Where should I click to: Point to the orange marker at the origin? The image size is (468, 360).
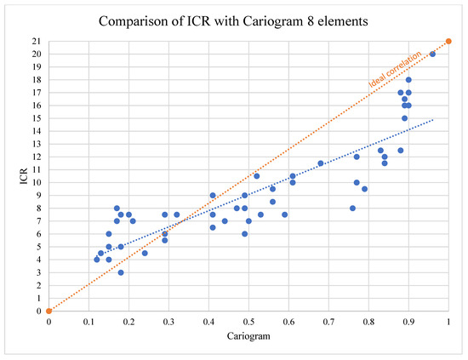click(x=49, y=311)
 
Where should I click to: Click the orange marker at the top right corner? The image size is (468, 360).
click(x=448, y=41)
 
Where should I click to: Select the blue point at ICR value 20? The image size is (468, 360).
click(x=432, y=54)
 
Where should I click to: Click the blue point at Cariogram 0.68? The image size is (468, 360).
click(x=321, y=163)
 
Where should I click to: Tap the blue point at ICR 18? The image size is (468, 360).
click(x=408, y=80)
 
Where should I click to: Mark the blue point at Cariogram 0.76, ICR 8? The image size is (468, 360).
click(x=352, y=208)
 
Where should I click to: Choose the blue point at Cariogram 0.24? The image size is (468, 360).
click(x=145, y=253)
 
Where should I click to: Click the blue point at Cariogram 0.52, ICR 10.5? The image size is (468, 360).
click(x=256, y=176)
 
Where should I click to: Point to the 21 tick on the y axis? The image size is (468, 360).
click(x=35, y=41)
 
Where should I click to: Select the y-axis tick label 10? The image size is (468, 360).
click(x=35, y=182)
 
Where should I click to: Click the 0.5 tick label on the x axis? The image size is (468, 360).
click(x=248, y=323)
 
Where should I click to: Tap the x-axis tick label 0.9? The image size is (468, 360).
click(x=408, y=323)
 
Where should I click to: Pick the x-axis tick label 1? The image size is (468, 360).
click(x=448, y=323)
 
